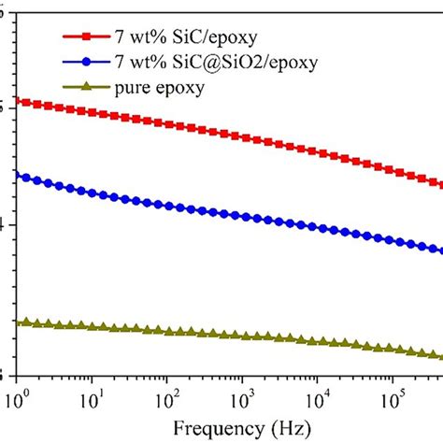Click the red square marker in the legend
pyautogui.click(x=88, y=38)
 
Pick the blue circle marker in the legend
pyautogui.click(x=88, y=64)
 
